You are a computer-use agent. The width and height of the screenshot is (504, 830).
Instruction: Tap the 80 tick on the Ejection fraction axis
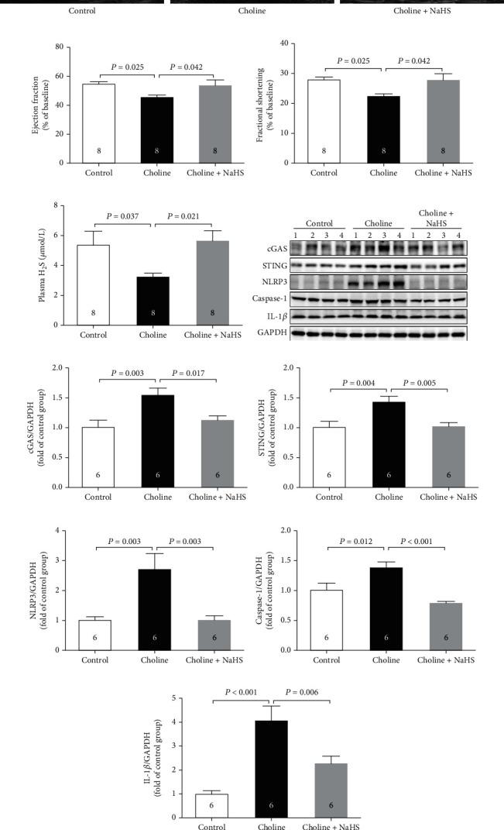(x=59, y=46)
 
